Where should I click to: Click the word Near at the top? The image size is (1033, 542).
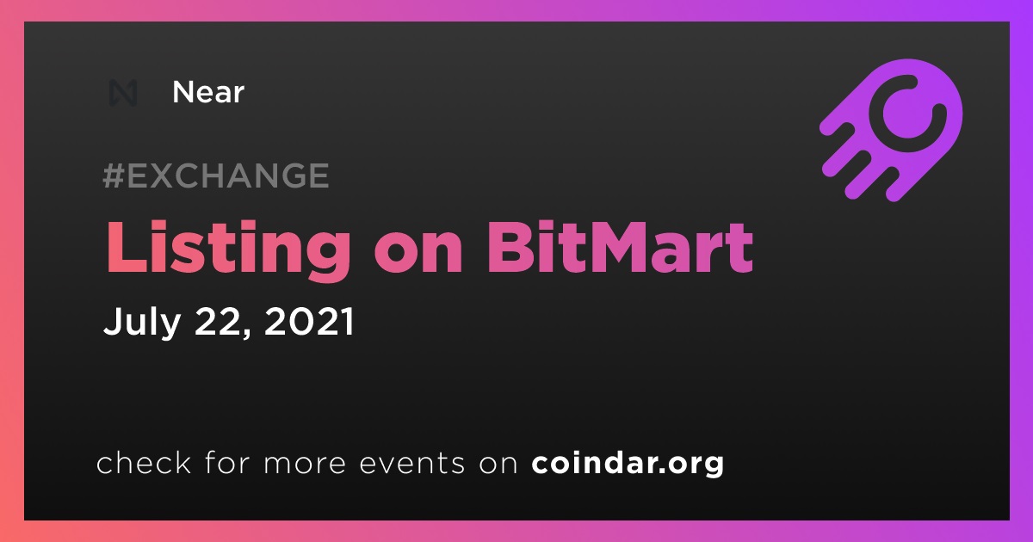[x=208, y=92]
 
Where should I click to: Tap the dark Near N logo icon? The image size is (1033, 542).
[x=122, y=93]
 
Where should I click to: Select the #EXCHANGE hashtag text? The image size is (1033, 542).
[x=216, y=176]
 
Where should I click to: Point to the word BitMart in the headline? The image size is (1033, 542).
[x=620, y=248]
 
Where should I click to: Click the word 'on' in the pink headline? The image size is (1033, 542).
[x=418, y=254]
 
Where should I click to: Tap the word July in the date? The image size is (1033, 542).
[x=141, y=322]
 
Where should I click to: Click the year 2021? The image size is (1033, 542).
[x=309, y=321]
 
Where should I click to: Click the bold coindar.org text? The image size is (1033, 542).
[x=628, y=463]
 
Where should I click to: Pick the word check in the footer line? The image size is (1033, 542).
[x=144, y=462]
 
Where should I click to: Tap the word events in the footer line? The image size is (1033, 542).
[x=411, y=464]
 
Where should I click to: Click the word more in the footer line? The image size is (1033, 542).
[x=305, y=465]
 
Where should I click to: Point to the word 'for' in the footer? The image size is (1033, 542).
[x=227, y=462]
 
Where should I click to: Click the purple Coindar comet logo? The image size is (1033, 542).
[x=892, y=130]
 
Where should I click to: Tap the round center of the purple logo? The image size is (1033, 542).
[x=907, y=114]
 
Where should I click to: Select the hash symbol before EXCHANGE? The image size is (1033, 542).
[x=114, y=176]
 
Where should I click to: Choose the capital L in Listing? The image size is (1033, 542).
[x=127, y=248]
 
